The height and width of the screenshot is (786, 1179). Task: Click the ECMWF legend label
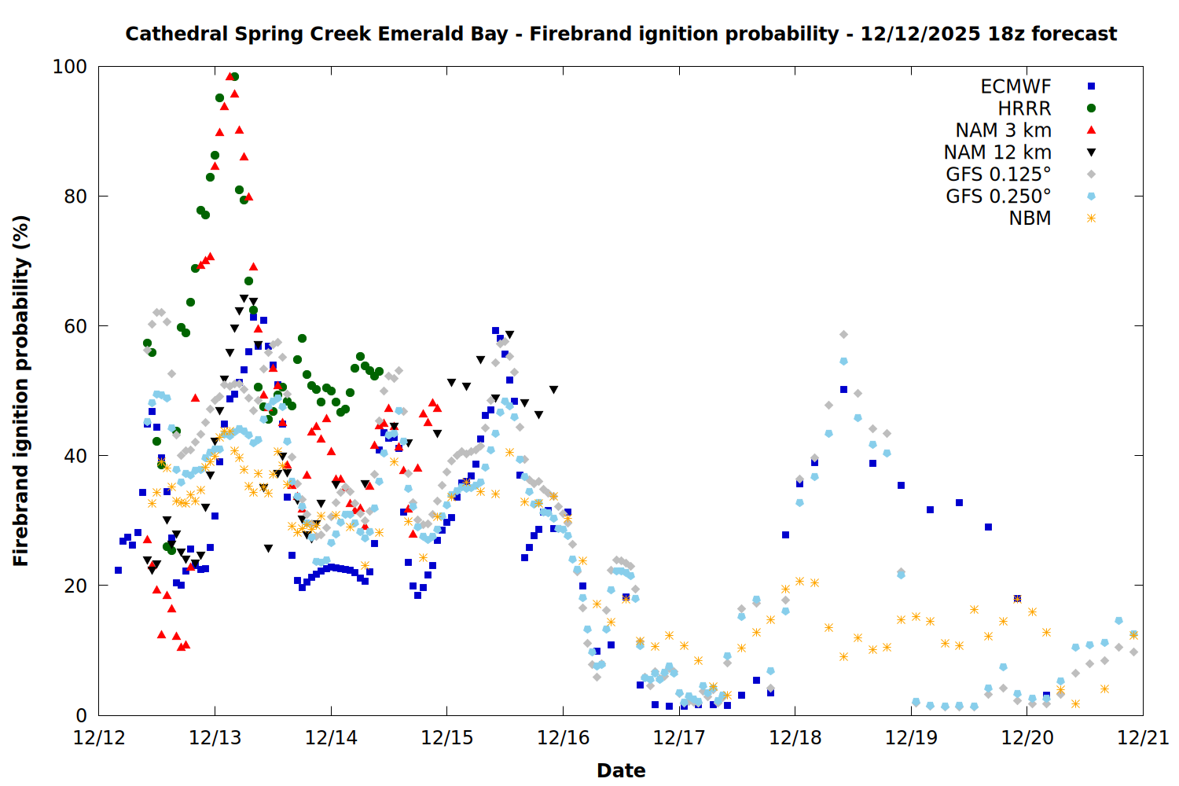[x=1016, y=86]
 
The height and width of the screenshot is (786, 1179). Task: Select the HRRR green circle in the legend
[x=1091, y=108]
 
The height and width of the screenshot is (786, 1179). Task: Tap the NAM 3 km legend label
[x=1003, y=130]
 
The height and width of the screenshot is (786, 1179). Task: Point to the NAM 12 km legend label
[x=997, y=152]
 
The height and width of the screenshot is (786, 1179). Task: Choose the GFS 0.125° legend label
[x=998, y=174]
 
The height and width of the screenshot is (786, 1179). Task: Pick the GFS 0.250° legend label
[x=998, y=196]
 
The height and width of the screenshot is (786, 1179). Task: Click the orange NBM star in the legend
[x=1091, y=219]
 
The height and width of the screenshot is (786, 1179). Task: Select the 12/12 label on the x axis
[x=99, y=738]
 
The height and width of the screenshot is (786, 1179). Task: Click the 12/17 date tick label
[x=679, y=738]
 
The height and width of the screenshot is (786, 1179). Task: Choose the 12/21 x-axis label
[x=1143, y=738]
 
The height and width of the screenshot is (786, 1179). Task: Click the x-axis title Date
[x=621, y=770]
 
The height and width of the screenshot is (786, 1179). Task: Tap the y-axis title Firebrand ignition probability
[x=21, y=391]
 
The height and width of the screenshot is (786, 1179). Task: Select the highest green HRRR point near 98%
[x=234, y=77]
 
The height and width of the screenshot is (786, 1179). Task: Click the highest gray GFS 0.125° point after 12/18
[x=843, y=335]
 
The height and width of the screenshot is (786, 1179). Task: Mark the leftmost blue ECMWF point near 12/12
[x=118, y=570]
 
